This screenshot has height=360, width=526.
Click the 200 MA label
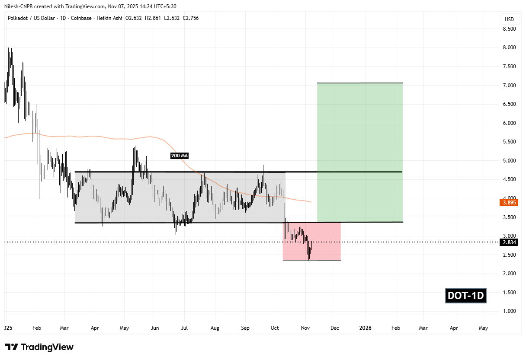pos(180,156)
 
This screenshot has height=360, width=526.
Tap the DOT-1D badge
pos(466,296)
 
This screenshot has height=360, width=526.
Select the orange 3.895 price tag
pos(509,202)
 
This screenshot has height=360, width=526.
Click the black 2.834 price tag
pos(509,242)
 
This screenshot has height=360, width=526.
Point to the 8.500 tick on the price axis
pos(509,29)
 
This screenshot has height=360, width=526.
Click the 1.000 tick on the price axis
pos(509,311)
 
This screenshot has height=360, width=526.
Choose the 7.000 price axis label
pos(509,86)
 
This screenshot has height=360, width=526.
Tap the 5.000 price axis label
pos(509,161)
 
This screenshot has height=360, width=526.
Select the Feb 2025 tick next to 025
pos(37,328)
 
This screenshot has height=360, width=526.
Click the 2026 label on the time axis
pos(366,328)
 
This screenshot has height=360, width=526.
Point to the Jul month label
pos(185,328)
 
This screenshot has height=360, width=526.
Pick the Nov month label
pos(305,328)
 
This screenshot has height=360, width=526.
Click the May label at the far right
pos(483,328)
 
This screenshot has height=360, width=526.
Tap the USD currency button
pos(509,19)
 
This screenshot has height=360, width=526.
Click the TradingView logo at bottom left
pos(39,347)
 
